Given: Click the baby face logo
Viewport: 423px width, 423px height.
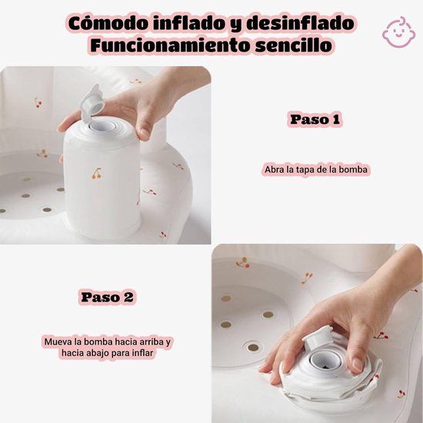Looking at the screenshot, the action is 399,32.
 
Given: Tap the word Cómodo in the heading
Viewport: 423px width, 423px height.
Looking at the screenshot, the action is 108,24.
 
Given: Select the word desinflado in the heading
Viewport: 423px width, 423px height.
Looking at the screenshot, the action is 300,24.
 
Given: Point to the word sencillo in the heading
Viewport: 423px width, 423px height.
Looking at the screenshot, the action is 294,45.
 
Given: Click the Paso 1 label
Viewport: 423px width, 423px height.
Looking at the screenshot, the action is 315,119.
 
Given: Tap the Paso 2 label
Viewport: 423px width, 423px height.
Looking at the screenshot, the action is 107,297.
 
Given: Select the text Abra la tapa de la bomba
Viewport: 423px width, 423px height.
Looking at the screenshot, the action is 316,170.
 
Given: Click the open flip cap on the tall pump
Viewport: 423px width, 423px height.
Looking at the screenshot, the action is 92,102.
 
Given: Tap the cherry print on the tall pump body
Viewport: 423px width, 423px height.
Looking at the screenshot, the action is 97,173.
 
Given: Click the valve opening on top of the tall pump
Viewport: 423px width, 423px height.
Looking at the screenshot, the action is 103,125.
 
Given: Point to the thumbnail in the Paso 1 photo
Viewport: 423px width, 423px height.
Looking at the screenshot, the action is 145,134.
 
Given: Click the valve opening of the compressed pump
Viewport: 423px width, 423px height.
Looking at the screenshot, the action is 324,361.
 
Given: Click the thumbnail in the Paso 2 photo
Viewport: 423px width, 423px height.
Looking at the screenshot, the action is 358,365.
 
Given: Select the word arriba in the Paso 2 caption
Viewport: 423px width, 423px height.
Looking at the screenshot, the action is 152,341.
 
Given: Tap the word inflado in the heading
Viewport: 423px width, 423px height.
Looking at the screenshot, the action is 189,23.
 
